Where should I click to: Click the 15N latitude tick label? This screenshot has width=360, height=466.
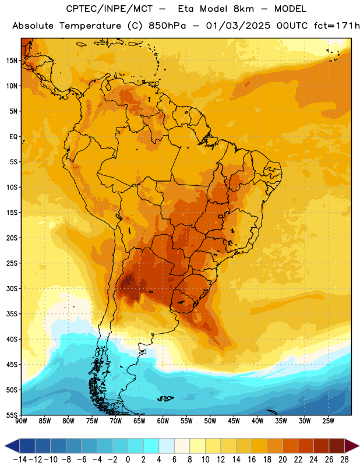[x=12, y=61]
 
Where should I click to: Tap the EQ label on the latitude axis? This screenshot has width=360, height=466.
[x=13, y=137]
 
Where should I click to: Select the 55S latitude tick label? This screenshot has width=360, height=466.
[x=12, y=415]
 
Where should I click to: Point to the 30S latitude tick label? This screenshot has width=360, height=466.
[x=12, y=288]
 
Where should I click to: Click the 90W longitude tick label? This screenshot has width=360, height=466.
[x=21, y=421]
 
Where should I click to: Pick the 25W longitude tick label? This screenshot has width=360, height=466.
[x=328, y=421]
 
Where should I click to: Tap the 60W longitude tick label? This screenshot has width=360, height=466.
[x=163, y=421]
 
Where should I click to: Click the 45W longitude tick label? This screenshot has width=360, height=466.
[x=234, y=421]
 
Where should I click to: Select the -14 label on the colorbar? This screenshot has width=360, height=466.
[x=20, y=460]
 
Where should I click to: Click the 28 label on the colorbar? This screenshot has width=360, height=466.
[x=344, y=460]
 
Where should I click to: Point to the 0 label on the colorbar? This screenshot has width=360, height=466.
[x=128, y=460]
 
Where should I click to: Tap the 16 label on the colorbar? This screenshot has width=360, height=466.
[x=252, y=460]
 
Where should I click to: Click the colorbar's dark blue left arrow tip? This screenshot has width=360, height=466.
[x=5, y=446]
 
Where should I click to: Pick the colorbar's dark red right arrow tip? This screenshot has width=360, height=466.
[x=359, y=446]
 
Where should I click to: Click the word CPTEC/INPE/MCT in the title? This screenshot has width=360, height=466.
[x=109, y=9]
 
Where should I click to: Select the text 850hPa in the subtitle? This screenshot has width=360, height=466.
[x=167, y=26]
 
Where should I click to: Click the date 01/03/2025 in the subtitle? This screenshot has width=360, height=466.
[x=238, y=26]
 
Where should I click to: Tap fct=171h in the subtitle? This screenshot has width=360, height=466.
[x=337, y=26]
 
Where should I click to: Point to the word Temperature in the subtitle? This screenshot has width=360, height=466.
[x=90, y=26]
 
